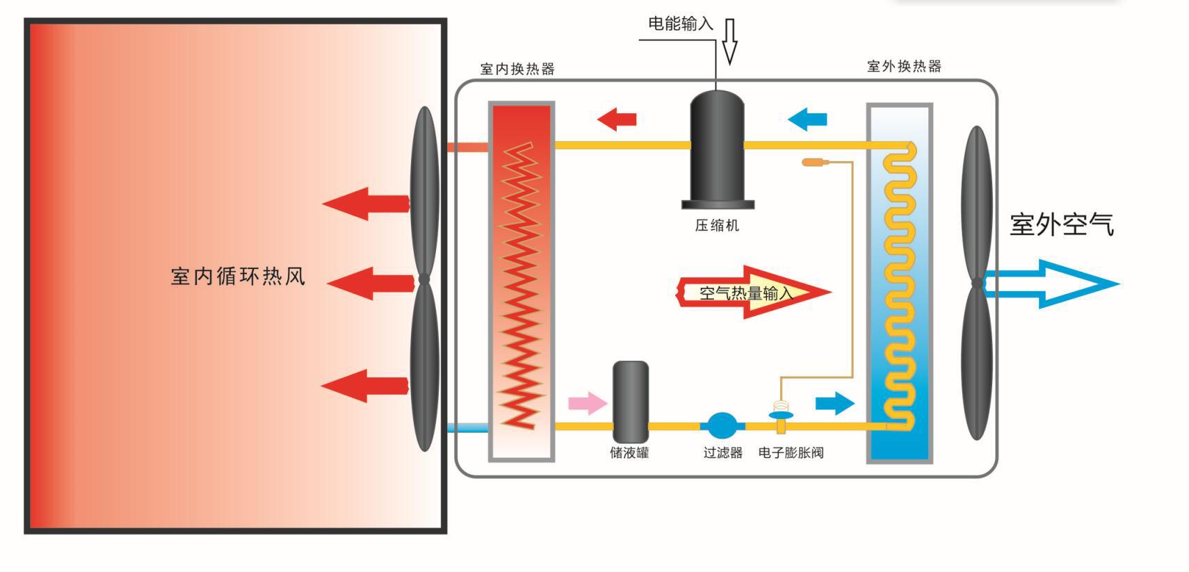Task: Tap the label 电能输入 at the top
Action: pyautogui.click(x=680, y=24)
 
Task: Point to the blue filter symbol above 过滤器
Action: pyautogui.click(x=722, y=426)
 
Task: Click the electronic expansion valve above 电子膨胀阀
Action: pyautogui.click(x=782, y=415)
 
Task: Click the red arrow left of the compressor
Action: pyautogui.click(x=617, y=119)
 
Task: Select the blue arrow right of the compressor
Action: pyautogui.click(x=807, y=119)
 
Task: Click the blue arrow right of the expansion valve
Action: pyautogui.click(x=834, y=403)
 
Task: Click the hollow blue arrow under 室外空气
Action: pyautogui.click(x=1050, y=284)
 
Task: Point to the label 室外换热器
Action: pyautogui.click(x=904, y=67)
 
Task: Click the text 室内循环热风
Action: pyautogui.click(x=238, y=277)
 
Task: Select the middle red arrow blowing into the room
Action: pyautogui.click(x=370, y=283)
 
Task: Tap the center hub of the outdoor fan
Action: pyautogui.click(x=977, y=283)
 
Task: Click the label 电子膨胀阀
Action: pyautogui.click(x=791, y=453)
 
